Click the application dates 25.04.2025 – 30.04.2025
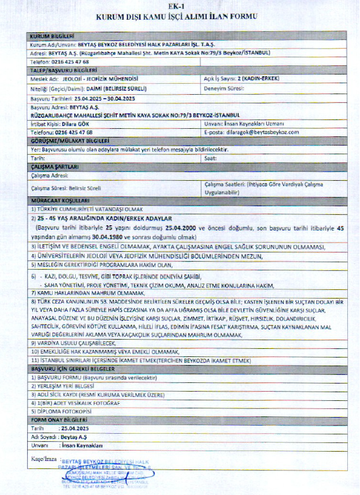tap(105, 99)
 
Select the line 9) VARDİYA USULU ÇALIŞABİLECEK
tap(76, 343)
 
